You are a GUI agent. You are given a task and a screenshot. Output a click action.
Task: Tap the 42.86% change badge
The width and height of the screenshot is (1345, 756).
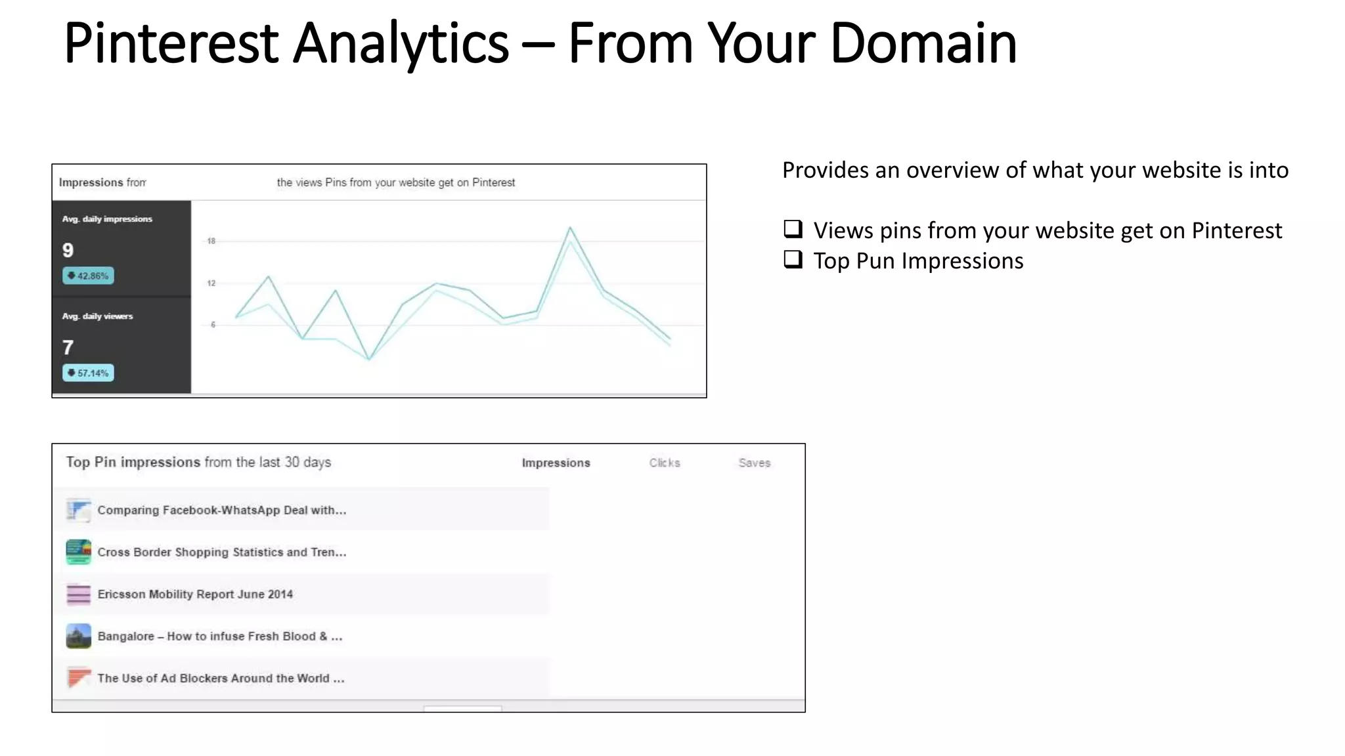[88, 276]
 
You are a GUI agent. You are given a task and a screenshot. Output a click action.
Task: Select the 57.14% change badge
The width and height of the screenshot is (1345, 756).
[88, 373]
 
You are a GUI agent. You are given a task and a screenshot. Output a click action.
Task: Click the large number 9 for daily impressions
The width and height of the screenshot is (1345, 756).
[68, 250]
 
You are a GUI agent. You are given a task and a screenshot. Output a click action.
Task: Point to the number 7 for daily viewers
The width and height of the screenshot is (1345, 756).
[68, 347]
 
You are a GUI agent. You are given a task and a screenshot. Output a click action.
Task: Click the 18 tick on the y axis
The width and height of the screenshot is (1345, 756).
[211, 241]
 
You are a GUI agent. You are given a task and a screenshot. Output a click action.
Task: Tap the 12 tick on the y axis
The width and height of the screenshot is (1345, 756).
[211, 283]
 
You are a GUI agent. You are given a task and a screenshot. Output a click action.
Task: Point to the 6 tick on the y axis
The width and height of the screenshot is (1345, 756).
[213, 324]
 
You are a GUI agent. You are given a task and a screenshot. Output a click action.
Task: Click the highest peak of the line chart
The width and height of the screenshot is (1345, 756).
[570, 228]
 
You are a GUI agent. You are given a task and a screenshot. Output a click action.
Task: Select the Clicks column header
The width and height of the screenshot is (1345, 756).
[665, 463]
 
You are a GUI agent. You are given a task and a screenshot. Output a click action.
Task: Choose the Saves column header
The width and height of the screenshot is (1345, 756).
[754, 463]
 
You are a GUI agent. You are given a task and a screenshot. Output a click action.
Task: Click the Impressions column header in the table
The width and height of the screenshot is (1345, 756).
[556, 463]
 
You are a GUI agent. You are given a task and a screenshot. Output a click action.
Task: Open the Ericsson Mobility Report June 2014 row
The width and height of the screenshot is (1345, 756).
[195, 594]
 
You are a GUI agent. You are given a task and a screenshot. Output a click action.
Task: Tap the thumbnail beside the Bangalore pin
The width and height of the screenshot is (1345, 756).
[79, 636]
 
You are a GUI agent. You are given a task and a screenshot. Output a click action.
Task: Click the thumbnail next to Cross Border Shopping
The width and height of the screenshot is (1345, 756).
[79, 552]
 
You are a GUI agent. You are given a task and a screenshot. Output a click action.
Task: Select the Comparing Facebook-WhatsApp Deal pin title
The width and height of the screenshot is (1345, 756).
[221, 510]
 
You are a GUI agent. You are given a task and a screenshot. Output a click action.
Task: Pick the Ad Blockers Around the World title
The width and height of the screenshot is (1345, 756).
[221, 678]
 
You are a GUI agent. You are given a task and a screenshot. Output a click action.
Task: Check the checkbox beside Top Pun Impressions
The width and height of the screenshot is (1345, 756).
[793, 260]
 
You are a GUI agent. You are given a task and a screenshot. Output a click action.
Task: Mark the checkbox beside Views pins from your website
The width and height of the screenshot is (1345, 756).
[793, 229]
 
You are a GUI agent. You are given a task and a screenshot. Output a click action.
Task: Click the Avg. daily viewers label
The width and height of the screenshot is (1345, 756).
[97, 316]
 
